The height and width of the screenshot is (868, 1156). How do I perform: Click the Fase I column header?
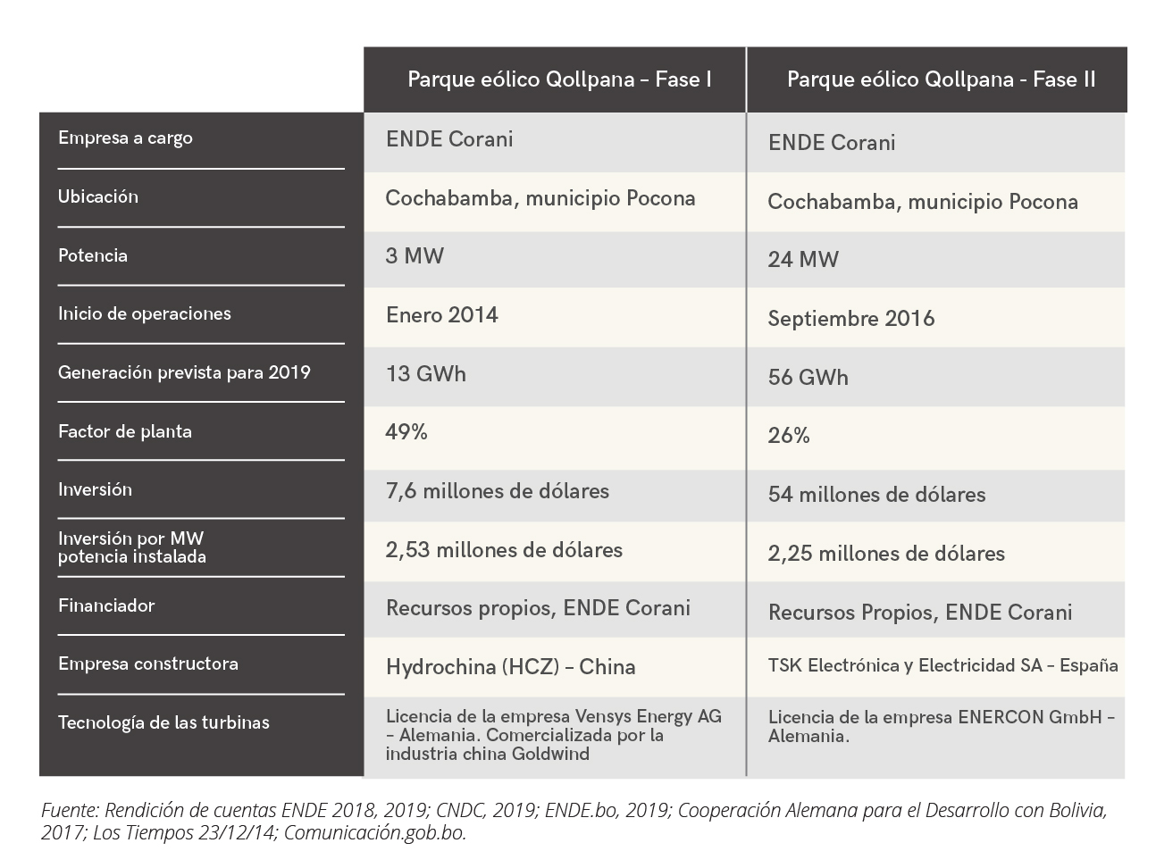coord(559,79)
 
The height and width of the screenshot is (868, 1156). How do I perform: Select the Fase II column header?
coord(941,79)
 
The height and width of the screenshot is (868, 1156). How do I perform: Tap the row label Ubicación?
coord(98,196)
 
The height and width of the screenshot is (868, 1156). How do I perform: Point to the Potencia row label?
coord(93,255)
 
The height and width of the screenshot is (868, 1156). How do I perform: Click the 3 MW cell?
coord(415,256)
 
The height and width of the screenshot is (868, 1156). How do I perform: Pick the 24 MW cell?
coord(803,260)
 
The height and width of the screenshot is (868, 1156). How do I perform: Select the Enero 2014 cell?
coord(441,315)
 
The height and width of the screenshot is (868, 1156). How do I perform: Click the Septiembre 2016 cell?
coord(850,319)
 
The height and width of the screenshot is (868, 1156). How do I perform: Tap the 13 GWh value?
coord(425,373)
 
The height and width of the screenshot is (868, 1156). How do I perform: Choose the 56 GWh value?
coord(808,377)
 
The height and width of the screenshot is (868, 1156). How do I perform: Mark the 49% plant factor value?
coord(406,432)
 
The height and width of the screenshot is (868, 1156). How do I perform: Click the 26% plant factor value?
coord(789,436)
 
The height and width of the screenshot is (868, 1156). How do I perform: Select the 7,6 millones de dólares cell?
coord(497,491)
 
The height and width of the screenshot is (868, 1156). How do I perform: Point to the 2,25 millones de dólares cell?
coord(885,554)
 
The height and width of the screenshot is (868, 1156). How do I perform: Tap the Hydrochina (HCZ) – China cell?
coord(510,667)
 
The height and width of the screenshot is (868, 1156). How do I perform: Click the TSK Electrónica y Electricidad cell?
coord(942,665)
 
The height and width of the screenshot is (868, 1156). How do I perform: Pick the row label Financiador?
coord(106,605)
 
